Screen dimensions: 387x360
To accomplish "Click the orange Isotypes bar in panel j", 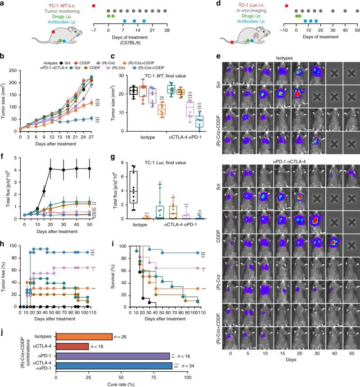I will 84,337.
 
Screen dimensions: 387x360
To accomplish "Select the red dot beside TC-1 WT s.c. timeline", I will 94,5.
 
